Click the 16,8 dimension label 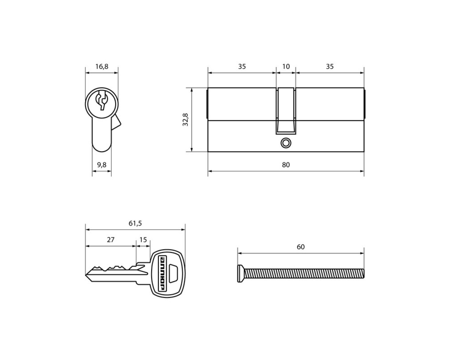[x=102, y=66]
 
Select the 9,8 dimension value [x=102, y=165]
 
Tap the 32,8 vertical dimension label [x=186, y=120]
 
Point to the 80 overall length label [x=286, y=165]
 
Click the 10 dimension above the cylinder [x=286, y=66]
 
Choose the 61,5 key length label [x=135, y=223]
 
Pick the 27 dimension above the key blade [x=111, y=240]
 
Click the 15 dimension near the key [x=143, y=240]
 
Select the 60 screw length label [x=301, y=247]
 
